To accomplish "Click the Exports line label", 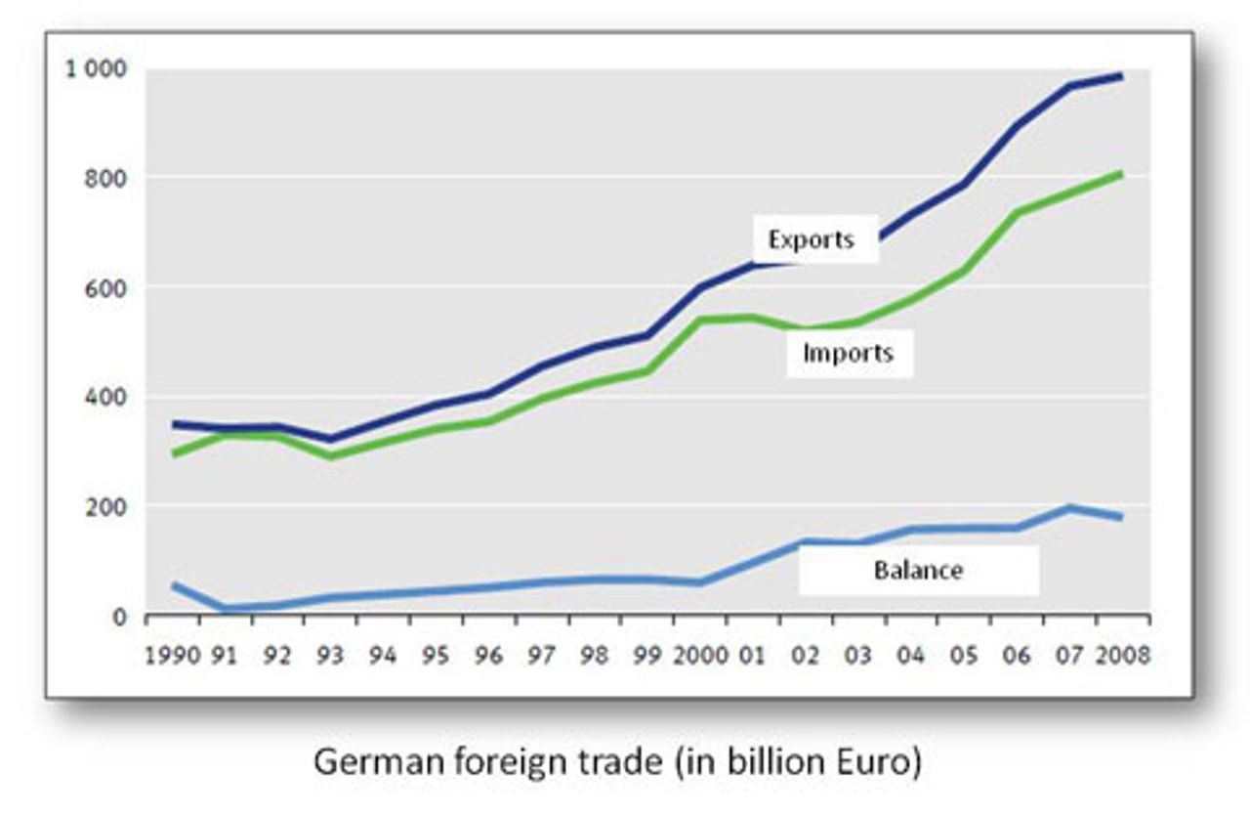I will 811,239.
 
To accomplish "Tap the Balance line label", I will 918,570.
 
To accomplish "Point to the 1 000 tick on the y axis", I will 97,69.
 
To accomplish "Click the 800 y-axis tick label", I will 108,178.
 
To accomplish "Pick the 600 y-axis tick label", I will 108,287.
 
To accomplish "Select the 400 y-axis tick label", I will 108,397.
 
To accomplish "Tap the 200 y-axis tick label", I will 108,506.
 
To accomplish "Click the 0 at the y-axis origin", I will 121,616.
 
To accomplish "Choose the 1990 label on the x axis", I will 172,655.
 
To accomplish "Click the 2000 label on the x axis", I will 701,655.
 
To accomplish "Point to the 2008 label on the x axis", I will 1122,655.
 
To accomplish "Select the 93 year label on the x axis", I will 330,655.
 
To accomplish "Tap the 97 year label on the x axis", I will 541,655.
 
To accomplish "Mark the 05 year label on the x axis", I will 963,655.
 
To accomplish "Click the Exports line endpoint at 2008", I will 1120,75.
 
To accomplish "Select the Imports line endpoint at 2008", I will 1120,174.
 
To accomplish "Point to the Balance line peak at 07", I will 1069,507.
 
